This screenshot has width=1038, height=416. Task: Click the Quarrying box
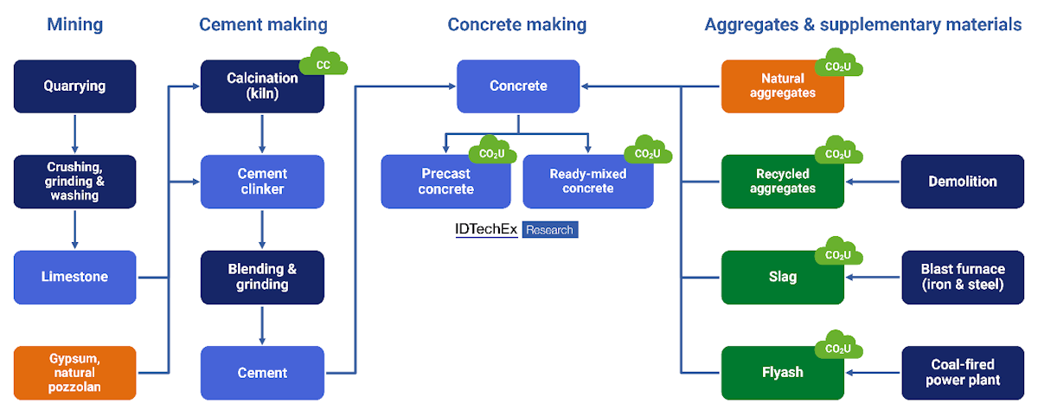[75, 86]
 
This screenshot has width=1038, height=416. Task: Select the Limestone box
[75, 277]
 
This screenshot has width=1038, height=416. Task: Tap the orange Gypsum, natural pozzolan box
[75, 373]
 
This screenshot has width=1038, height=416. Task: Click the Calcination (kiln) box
[262, 86]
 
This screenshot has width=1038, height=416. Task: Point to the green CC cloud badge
[324, 62]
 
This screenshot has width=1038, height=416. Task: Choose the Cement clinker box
[262, 182]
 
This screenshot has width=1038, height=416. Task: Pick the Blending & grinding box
[262, 277]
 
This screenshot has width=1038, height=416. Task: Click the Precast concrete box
[442, 182]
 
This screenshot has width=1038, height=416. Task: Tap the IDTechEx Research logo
[516, 230]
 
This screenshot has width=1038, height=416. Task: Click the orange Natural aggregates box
[782, 86]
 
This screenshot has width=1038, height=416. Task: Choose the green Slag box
[782, 277]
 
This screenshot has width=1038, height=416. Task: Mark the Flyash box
[782, 373]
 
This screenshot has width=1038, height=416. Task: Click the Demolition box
[962, 182]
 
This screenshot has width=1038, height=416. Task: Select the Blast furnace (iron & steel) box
[962, 277]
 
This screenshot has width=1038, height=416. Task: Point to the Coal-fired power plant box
[962, 373]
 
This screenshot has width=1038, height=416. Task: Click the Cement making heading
[262, 24]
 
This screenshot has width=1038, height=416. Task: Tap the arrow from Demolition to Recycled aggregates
[873, 182]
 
